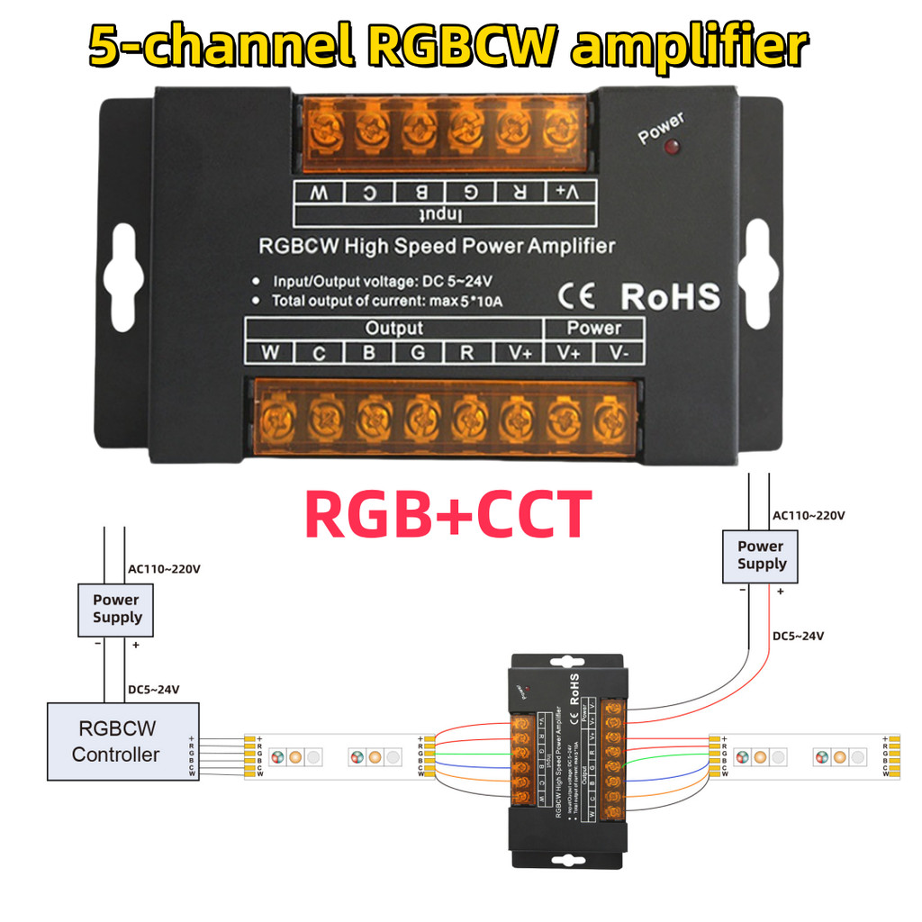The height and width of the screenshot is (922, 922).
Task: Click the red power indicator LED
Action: coord(671,147)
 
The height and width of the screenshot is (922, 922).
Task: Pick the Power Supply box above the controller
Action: coord(117,609)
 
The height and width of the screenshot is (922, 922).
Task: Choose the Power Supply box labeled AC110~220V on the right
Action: coord(761,555)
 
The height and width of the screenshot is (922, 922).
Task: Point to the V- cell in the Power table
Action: coord(619,352)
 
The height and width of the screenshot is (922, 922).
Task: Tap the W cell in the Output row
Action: coord(269,352)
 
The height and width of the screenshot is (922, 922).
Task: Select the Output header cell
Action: coord(393,328)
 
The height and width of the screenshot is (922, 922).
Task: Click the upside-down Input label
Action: coord(443,215)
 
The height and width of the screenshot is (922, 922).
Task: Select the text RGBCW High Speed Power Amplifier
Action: coord(437,245)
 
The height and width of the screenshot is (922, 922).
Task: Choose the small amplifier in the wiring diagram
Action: coord(565,761)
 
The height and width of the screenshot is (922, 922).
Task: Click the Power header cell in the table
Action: coord(594,328)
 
